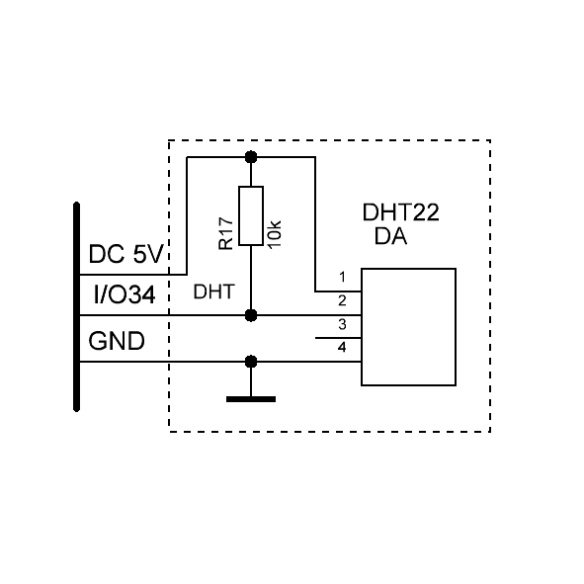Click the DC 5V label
click(125, 254)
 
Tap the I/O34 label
click(125, 294)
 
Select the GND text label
click(117, 341)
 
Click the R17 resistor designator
click(225, 234)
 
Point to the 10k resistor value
click(274, 234)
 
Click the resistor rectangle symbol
click(251, 216)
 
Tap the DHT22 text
click(401, 212)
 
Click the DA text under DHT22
click(390, 236)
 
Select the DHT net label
click(213, 292)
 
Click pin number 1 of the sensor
click(342, 277)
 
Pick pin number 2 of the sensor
click(342, 300)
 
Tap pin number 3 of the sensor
click(342, 324)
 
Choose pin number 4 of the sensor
click(342, 348)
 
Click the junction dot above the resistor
click(251, 157)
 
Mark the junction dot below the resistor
click(251, 315)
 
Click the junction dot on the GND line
click(251, 362)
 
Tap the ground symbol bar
click(251, 399)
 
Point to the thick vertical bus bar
click(77, 306)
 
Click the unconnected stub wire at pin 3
click(338, 338)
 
